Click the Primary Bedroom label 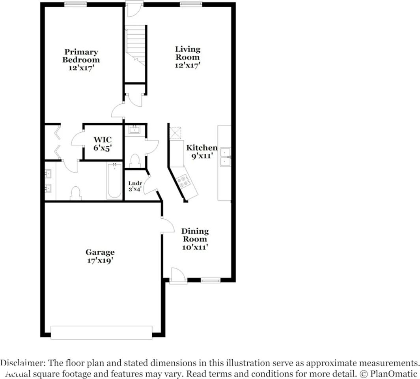pyautogui.click(x=81, y=56)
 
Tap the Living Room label pyautogui.click(x=188, y=53)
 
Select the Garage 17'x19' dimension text pyautogui.click(x=100, y=261)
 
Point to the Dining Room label pyautogui.click(x=195, y=235)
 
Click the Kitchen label pyautogui.click(x=202, y=148)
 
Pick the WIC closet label pyautogui.click(x=103, y=139)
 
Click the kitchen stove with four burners pyautogui.click(x=183, y=181)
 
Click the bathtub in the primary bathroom pyautogui.click(x=114, y=181)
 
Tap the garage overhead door pyautogui.click(x=101, y=332)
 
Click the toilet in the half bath pyautogui.click(x=135, y=160)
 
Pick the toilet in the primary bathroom pyautogui.click(x=75, y=193)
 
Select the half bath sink pyautogui.click(x=134, y=129)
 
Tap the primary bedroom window pyautogui.click(x=76, y=4)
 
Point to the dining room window pyautogui.click(x=210, y=280)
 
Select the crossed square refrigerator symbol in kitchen pyautogui.click(x=175, y=133)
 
